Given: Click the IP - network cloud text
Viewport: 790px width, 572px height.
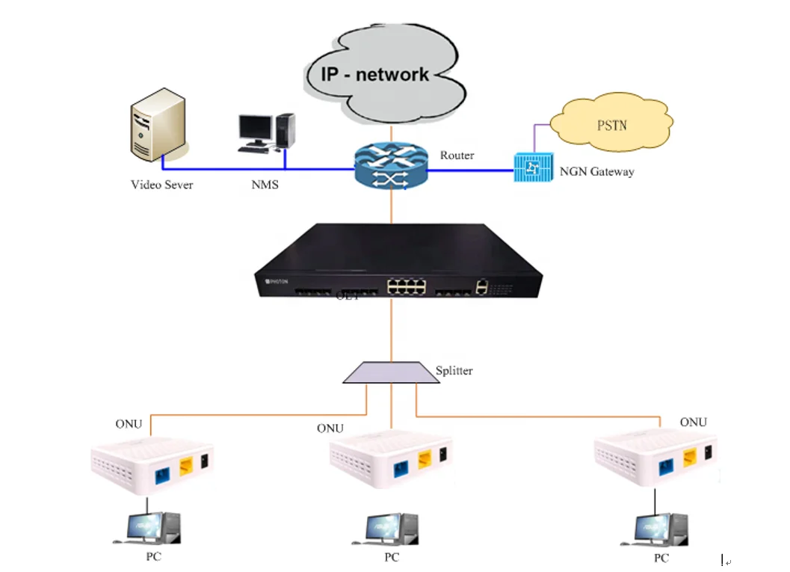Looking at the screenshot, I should [x=375, y=74].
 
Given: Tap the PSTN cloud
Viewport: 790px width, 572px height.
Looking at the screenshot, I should [x=611, y=124].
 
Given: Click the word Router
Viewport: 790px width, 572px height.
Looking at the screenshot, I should [x=457, y=155].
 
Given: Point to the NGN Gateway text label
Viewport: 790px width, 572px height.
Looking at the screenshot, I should [x=596, y=171].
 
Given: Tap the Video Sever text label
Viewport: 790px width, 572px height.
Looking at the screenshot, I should [x=161, y=184].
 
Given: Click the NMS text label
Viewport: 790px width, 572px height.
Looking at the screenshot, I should [x=265, y=184].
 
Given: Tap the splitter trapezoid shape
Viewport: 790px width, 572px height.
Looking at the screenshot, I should [x=391, y=372].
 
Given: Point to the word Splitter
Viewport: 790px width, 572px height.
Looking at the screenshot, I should [x=454, y=370].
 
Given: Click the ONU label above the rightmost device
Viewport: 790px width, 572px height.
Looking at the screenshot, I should [x=693, y=422].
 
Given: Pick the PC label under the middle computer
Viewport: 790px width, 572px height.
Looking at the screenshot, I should [x=392, y=557].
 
